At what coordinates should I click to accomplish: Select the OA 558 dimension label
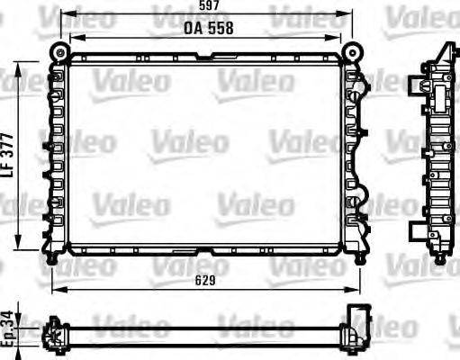pyautogui.click(x=209, y=27)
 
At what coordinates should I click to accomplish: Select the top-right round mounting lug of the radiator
pyautogui.click(x=352, y=49)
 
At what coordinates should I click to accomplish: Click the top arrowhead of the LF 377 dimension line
pyautogui.click(x=22, y=65)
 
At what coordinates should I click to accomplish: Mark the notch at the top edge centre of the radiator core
pyautogui.click(x=206, y=59)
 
